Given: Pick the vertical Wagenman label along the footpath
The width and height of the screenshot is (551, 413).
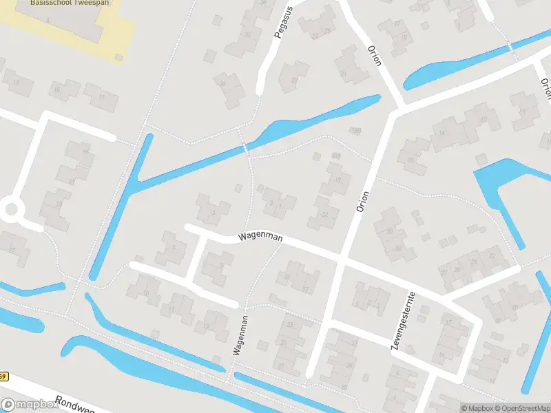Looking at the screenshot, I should (240, 335).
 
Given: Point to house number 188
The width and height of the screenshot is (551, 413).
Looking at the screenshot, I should (355, 130).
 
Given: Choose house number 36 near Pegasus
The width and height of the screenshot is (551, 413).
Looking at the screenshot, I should (222, 85).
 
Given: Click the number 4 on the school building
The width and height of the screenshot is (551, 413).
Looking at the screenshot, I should (48, 22).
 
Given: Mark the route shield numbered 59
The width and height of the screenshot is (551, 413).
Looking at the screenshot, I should (4, 377).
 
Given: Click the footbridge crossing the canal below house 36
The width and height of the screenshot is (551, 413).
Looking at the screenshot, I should (245, 149).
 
